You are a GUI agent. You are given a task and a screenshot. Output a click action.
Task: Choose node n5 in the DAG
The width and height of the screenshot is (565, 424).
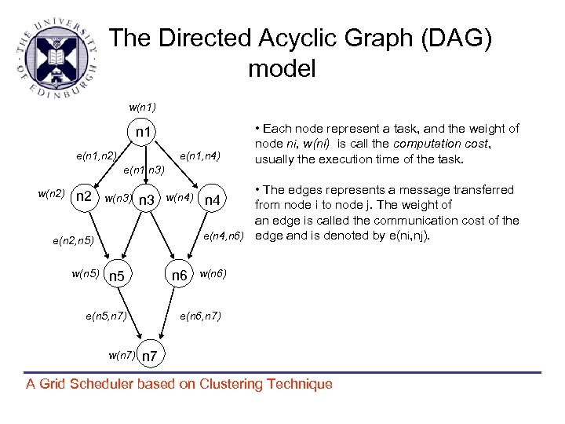(117, 276)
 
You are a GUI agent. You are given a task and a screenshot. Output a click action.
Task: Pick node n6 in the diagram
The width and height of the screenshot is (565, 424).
(180, 276)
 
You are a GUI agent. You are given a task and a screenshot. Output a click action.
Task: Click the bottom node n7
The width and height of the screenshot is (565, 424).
(151, 357)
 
